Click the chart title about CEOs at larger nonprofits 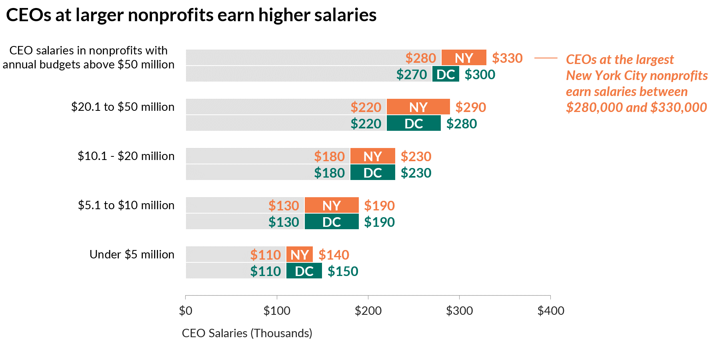tap(191, 15)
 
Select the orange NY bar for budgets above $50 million tap(464, 58)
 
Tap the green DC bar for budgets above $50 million tap(446, 74)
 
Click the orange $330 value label tap(507, 58)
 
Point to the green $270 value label tap(412, 74)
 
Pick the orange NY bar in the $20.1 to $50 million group tap(418, 107)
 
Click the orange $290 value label tap(470, 107)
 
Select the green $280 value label tap(462, 124)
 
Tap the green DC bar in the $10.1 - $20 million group tap(372, 172)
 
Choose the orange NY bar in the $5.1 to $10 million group tap(331, 205)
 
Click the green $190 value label tap(379, 222)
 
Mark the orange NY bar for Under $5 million tap(299, 254)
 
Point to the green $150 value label tap(343, 271)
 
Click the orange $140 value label tap(334, 255)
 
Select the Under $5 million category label tap(132, 254)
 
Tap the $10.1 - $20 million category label tap(126, 156)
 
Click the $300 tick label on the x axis tap(459, 311)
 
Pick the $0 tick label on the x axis tap(186, 311)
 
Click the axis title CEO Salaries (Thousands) tap(247, 333)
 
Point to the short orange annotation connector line tap(546, 58)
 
